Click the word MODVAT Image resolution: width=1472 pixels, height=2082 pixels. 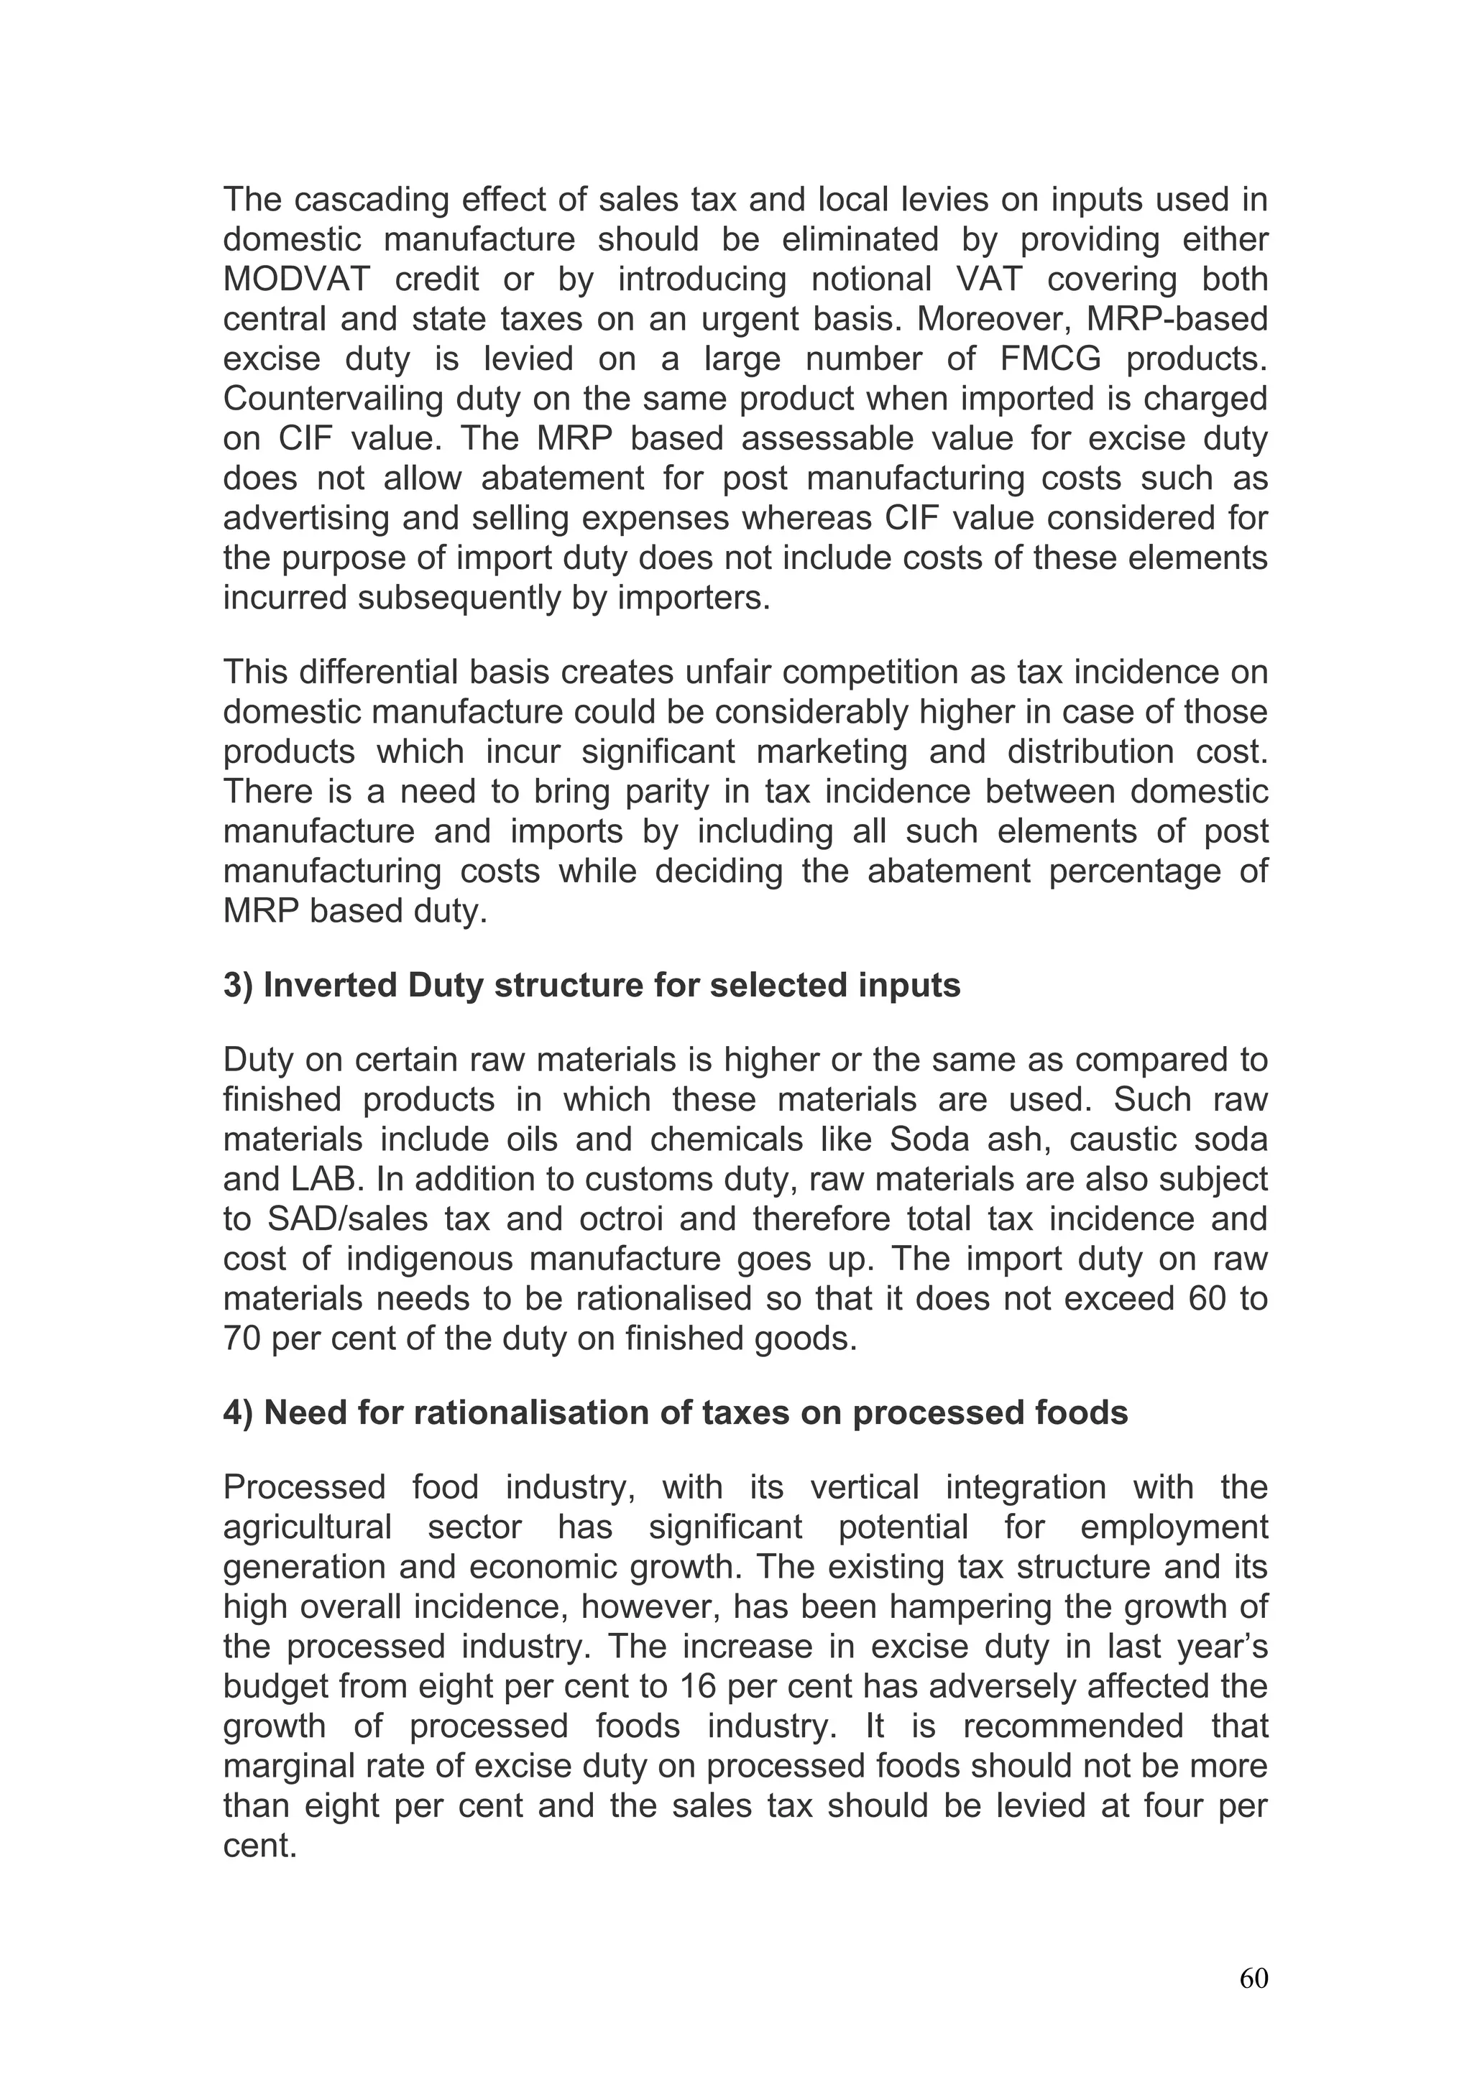coord(297,279)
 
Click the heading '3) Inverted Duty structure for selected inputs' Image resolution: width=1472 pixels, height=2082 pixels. coord(592,985)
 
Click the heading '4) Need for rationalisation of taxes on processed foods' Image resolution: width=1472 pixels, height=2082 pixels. coord(675,1412)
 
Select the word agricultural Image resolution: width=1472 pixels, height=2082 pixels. coord(308,1527)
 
